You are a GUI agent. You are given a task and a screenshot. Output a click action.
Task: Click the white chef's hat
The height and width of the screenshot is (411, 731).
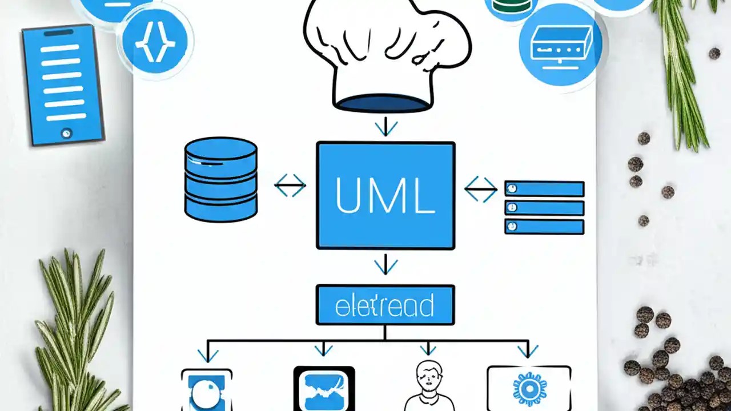(x=387, y=51)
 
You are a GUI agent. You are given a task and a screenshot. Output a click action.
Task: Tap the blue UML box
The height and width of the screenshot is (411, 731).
(x=385, y=195)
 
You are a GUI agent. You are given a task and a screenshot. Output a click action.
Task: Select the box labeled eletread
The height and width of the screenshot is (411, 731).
(x=385, y=305)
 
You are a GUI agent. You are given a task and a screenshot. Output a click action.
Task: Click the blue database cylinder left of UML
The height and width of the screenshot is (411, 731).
(x=221, y=179)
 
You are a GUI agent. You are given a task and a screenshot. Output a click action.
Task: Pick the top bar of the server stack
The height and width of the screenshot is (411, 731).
(x=544, y=189)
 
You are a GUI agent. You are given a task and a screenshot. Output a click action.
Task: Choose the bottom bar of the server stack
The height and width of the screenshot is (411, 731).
(x=544, y=227)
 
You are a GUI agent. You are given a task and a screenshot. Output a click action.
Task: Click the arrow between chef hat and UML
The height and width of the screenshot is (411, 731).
(x=386, y=126)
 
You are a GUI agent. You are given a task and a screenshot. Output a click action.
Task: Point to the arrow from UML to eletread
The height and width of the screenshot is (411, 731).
(x=386, y=264)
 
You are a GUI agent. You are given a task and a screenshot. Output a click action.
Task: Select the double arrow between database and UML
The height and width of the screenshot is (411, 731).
(x=290, y=186)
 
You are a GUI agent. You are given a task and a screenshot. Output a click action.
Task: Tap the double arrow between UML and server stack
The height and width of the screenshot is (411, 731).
(x=480, y=190)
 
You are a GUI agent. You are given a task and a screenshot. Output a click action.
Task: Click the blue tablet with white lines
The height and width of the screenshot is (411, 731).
(x=63, y=84)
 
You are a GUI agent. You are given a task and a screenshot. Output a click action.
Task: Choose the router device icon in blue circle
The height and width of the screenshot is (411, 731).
(x=560, y=45)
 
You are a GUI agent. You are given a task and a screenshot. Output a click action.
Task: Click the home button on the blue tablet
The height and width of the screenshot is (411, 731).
(x=66, y=133)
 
